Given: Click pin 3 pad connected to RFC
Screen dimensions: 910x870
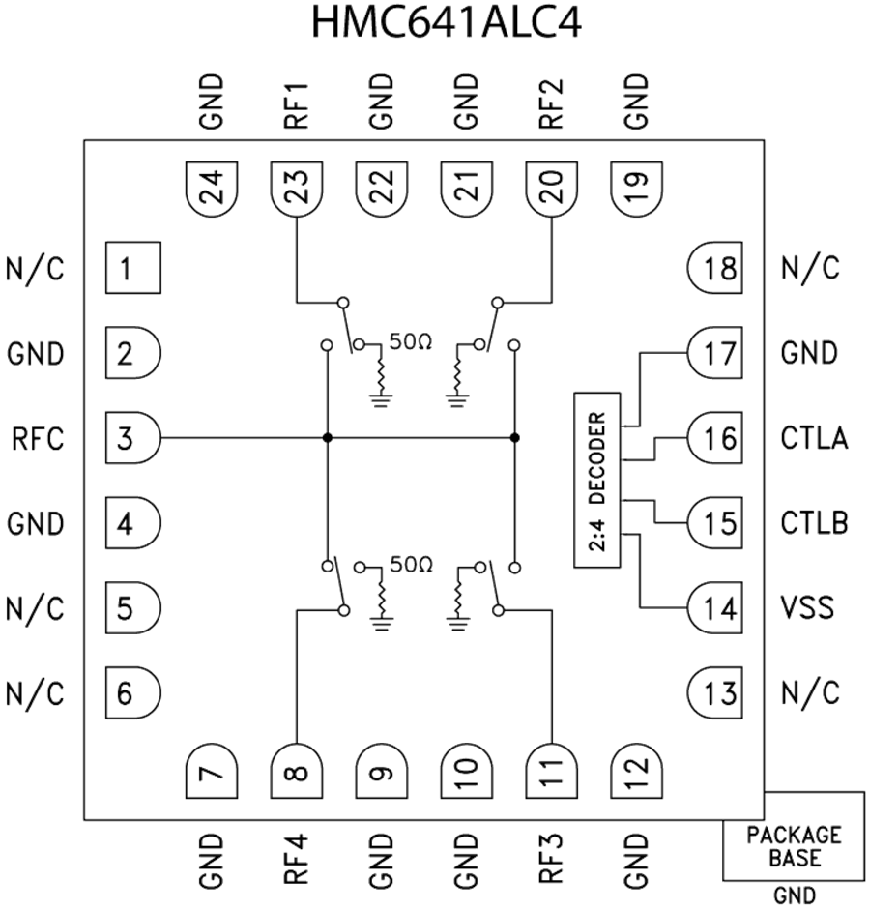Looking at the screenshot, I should (x=131, y=439).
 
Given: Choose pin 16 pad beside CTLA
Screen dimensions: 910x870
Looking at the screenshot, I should (x=715, y=439).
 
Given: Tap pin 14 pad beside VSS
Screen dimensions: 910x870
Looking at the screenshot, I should (x=715, y=609).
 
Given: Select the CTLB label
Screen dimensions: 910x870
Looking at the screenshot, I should (x=814, y=524).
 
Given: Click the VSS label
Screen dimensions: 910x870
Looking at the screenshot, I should (x=809, y=609).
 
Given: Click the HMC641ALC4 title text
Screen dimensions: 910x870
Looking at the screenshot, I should (x=447, y=21).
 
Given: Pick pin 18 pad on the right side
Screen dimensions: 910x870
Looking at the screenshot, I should (x=715, y=268).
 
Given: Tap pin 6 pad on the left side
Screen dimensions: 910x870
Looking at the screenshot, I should (x=131, y=693).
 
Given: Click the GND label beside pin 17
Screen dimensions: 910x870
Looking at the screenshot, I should (x=809, y=353).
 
